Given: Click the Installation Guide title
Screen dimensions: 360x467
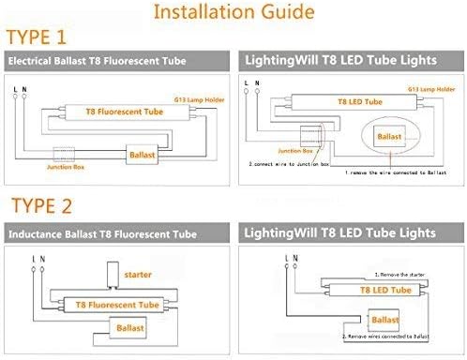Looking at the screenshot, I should tap(234, 14).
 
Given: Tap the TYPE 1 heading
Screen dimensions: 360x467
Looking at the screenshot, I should tap(38, 37).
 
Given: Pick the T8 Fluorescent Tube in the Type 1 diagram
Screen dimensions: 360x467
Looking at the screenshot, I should tap(102, 111).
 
